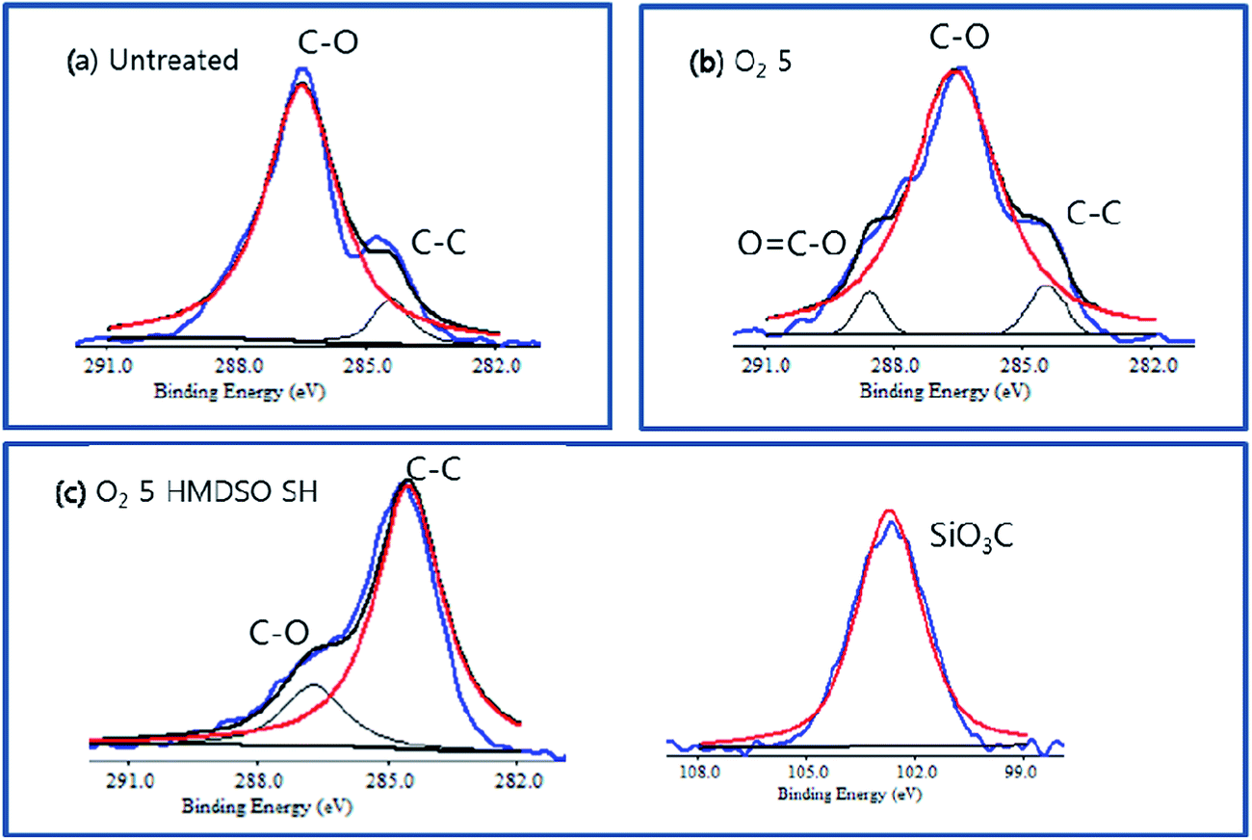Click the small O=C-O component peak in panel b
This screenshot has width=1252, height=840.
(x=870, y=306)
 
